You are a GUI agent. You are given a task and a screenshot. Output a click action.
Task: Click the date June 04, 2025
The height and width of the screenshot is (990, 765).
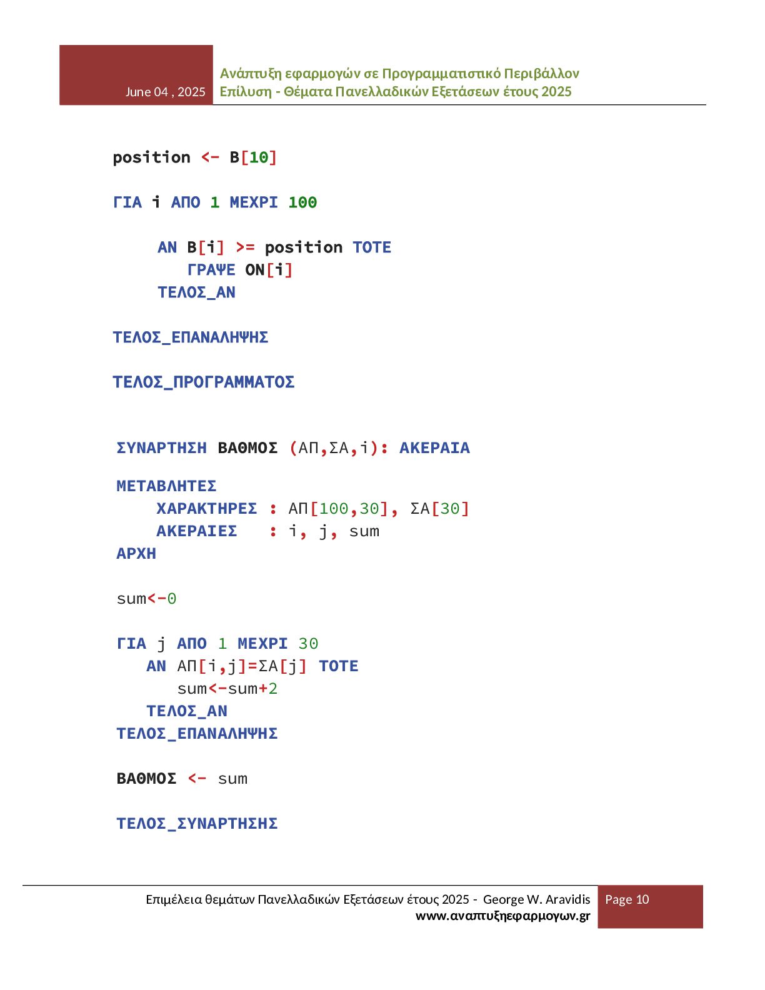pyautogui.click(x=165, y=92)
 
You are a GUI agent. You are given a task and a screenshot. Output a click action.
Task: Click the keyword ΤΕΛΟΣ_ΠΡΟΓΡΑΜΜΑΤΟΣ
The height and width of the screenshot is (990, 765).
pyautogui.click(x=203, y=382)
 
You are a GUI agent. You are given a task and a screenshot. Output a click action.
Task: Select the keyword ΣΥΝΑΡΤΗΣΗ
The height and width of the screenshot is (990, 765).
pyautogui.click(x=161, y=448)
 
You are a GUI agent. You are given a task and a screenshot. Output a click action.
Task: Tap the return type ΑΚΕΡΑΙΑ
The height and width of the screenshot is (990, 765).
pyautogui.click(x=434, y=448)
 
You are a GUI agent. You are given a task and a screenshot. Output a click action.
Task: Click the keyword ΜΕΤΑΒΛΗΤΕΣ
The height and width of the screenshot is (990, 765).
pyautogui.click(x=166, y=486)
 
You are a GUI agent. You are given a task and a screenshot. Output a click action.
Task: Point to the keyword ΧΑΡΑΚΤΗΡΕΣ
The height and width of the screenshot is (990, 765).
pyautogui.click(x=206, y=509)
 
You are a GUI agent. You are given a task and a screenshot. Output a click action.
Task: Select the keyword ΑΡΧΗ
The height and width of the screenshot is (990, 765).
pyautogui.click(x=136, y=554)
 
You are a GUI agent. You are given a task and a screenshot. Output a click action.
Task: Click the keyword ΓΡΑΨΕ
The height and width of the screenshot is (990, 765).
pyautogui.click(x=211, y=270)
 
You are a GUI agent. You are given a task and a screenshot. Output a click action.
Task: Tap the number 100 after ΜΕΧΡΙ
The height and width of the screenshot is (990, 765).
pyautogui.click(x=302, y=202)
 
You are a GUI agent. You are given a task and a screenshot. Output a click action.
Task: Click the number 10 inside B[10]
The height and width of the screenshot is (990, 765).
pyautogui.click(x=259, y=157)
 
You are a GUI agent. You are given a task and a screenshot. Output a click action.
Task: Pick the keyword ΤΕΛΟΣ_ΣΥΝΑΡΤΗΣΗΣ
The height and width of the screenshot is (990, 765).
pyautogui.click(x=197, y=824)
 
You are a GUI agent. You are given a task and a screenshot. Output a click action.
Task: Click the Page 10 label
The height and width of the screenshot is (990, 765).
pyautogui.click(x=627, y=899)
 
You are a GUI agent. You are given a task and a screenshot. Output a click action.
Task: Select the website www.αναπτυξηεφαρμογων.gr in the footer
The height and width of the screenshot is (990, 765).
pyautogui.click(x=502, y=916)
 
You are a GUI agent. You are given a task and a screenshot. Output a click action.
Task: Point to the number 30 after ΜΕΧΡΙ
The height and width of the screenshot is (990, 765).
pyautogui.click(x=308, y=644)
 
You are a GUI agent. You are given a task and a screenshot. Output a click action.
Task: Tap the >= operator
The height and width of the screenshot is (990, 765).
pyautogui.click(x=245, y=247)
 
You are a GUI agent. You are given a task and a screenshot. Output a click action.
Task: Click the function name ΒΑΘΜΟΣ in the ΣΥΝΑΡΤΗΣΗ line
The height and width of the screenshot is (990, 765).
pyautogui.click(x=247, y=448)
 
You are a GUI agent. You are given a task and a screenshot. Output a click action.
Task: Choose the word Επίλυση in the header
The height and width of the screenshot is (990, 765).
pyautogui.click(x=245, y=92)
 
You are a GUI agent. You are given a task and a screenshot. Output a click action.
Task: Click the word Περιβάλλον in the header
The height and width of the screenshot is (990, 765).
pyautogui.click(x=542, y=74)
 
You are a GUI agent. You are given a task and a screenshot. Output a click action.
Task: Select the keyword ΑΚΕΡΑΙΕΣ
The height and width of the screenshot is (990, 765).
pyautogui.click(x=196, y=531)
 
